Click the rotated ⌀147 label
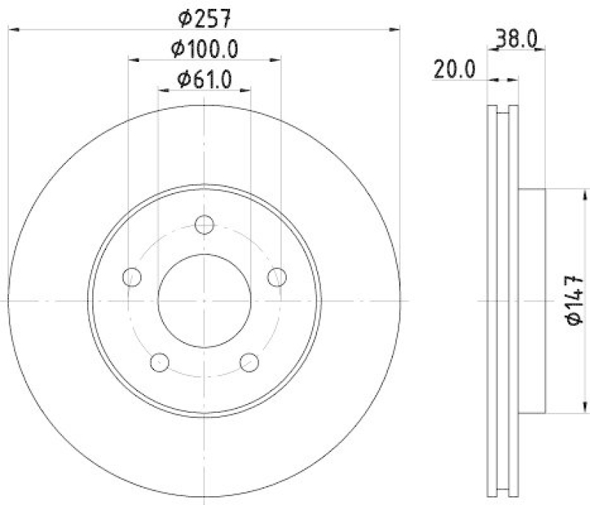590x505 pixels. click(x=575, y=300)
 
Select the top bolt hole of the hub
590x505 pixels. click(x=204, y=225)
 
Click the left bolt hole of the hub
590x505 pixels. click(x=132, y=277)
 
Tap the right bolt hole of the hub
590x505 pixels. click(x=277, y=277)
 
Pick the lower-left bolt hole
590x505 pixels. click(x=159, y=362)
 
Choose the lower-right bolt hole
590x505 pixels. click(x=249, y=362)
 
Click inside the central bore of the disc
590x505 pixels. click(x=204, y=301)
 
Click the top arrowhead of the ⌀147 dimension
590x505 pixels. click(x=573, y=194)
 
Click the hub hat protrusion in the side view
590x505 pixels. click(x=532, y=301)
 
